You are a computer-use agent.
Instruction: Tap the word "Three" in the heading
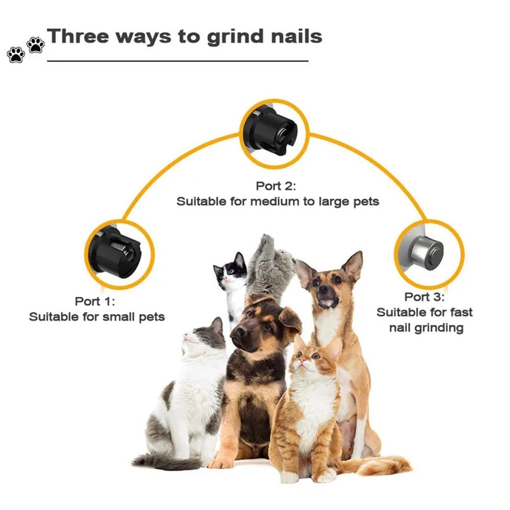point(78,36)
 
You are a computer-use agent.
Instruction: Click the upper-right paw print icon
point(36,45)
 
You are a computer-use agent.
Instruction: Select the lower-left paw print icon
point(16,55)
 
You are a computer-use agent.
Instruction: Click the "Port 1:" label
point(95,301)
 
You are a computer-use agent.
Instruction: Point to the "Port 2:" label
point(276,186)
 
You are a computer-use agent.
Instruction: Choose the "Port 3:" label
point(424,297)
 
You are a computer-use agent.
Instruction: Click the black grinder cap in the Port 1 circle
point(116,253)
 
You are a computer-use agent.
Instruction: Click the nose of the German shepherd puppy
point(241,332)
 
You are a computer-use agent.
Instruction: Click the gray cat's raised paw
point(268,241)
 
